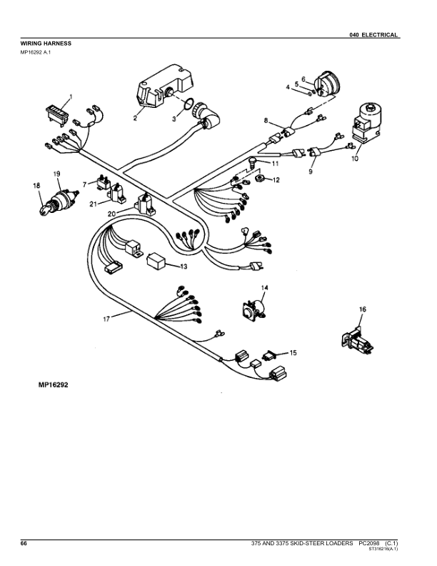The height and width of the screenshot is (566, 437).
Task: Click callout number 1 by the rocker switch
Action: [x=71, y=96]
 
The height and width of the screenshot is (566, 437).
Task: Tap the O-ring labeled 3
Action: [x=189, y=108]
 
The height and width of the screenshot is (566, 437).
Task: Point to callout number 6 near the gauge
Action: [x=303, y=79]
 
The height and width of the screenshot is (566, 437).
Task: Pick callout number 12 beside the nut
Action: [x=277, y=179]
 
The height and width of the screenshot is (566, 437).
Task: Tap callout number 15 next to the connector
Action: [x=294, y=353]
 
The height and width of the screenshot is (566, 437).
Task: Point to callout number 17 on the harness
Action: [x=106, y=319]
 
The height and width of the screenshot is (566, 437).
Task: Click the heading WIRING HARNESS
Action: [x=46, y=43]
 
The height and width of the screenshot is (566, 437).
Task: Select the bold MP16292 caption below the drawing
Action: [x=54, y=384]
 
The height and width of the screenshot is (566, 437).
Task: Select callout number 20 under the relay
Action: [x=111, y=214]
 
